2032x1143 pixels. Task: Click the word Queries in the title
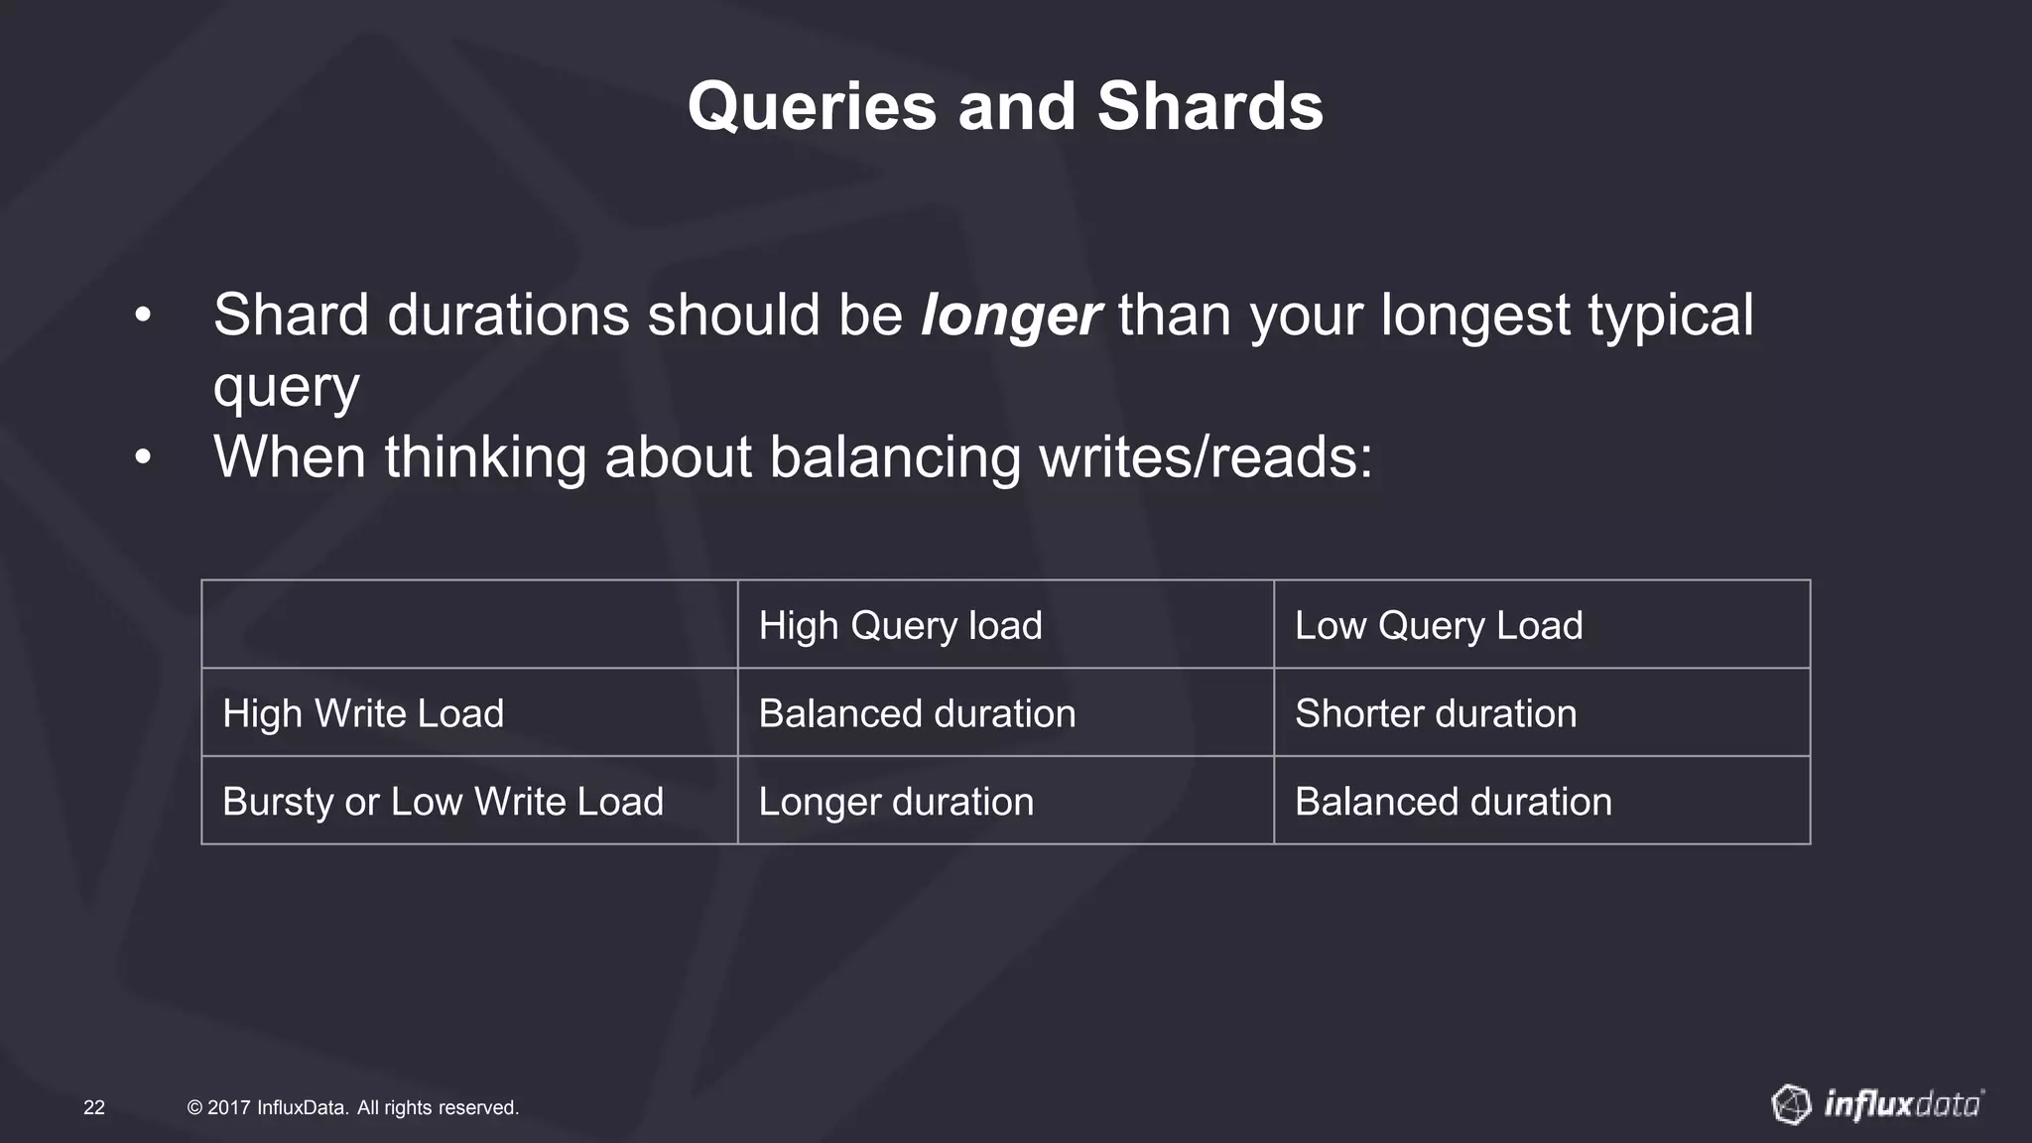click(x=812, y=107)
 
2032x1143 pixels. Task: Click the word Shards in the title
click(x=1209, y=107)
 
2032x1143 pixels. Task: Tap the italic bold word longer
click(x=1010, y=316)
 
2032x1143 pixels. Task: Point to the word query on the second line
click(x=286, y=388)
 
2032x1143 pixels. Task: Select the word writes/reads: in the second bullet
click(x=1206, y=457)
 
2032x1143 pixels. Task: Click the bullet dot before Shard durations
click(x=144, y=317)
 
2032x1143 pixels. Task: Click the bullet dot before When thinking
click(x=144, y=458)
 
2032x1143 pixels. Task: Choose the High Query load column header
click(x=900, y=626)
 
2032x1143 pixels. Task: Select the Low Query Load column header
click(x=1438, y=626)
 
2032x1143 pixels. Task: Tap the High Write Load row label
click(x=363, y=713)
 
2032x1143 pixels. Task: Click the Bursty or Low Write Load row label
click(x=443, y=802)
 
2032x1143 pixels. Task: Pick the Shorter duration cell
click(x=1435, y=713)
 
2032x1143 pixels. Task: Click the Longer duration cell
click(x=896, y=802)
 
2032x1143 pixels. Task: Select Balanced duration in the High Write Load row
click(x=917, y=713)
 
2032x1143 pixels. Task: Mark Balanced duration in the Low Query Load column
click(x=1453, y=802)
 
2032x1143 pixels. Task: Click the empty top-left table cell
click(x=469, y=624)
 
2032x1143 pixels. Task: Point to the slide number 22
click(x=94, y=1107)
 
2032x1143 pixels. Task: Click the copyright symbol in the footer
click(x=194, y=1107)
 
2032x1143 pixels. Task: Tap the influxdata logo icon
click(x=1791, y=1104)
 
